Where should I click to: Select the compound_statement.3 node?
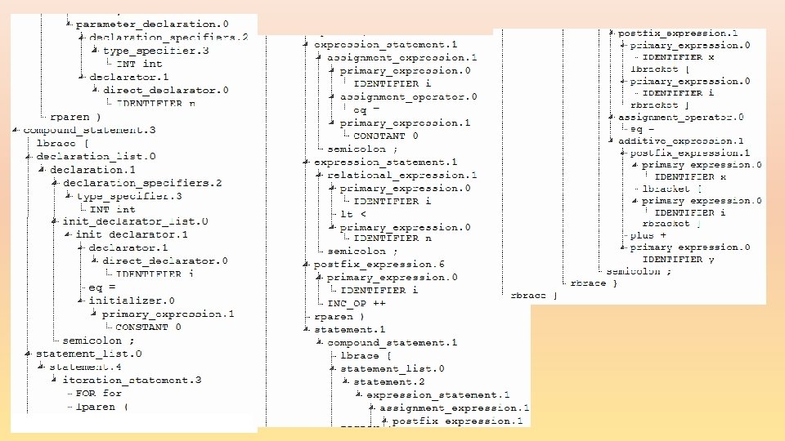tap(89, 130)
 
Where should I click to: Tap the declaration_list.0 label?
tap(96, 156)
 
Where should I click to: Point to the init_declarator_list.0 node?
tap(135, 221)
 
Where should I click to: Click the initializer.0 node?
tap(132, 301)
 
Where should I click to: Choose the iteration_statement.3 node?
tap(132, 380)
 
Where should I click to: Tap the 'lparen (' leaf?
tap(101, 407)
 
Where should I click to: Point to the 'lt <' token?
tap(348, 215)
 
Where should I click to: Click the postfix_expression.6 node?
tap(379, 265)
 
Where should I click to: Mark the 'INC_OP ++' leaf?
tap(357, 303)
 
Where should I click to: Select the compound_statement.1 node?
tap(392, 343)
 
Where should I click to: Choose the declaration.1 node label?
tap(92, 169)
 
